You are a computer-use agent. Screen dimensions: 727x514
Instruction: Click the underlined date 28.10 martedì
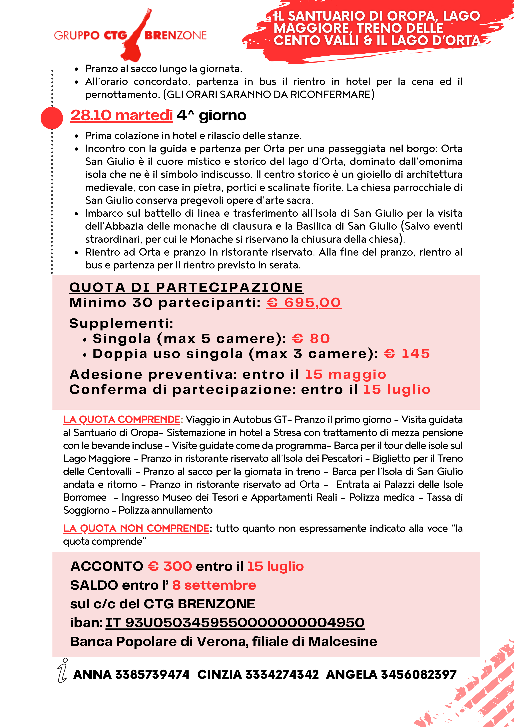(x=122, y=115)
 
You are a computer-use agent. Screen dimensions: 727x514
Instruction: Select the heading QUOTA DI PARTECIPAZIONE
(x=186, y=288)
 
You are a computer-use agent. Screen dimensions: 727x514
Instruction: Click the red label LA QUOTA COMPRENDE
(x=122, y=419)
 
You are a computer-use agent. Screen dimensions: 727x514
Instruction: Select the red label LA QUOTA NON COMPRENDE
(x=136, y=529)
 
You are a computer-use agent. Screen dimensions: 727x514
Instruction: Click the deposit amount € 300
(x=170, y=567)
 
